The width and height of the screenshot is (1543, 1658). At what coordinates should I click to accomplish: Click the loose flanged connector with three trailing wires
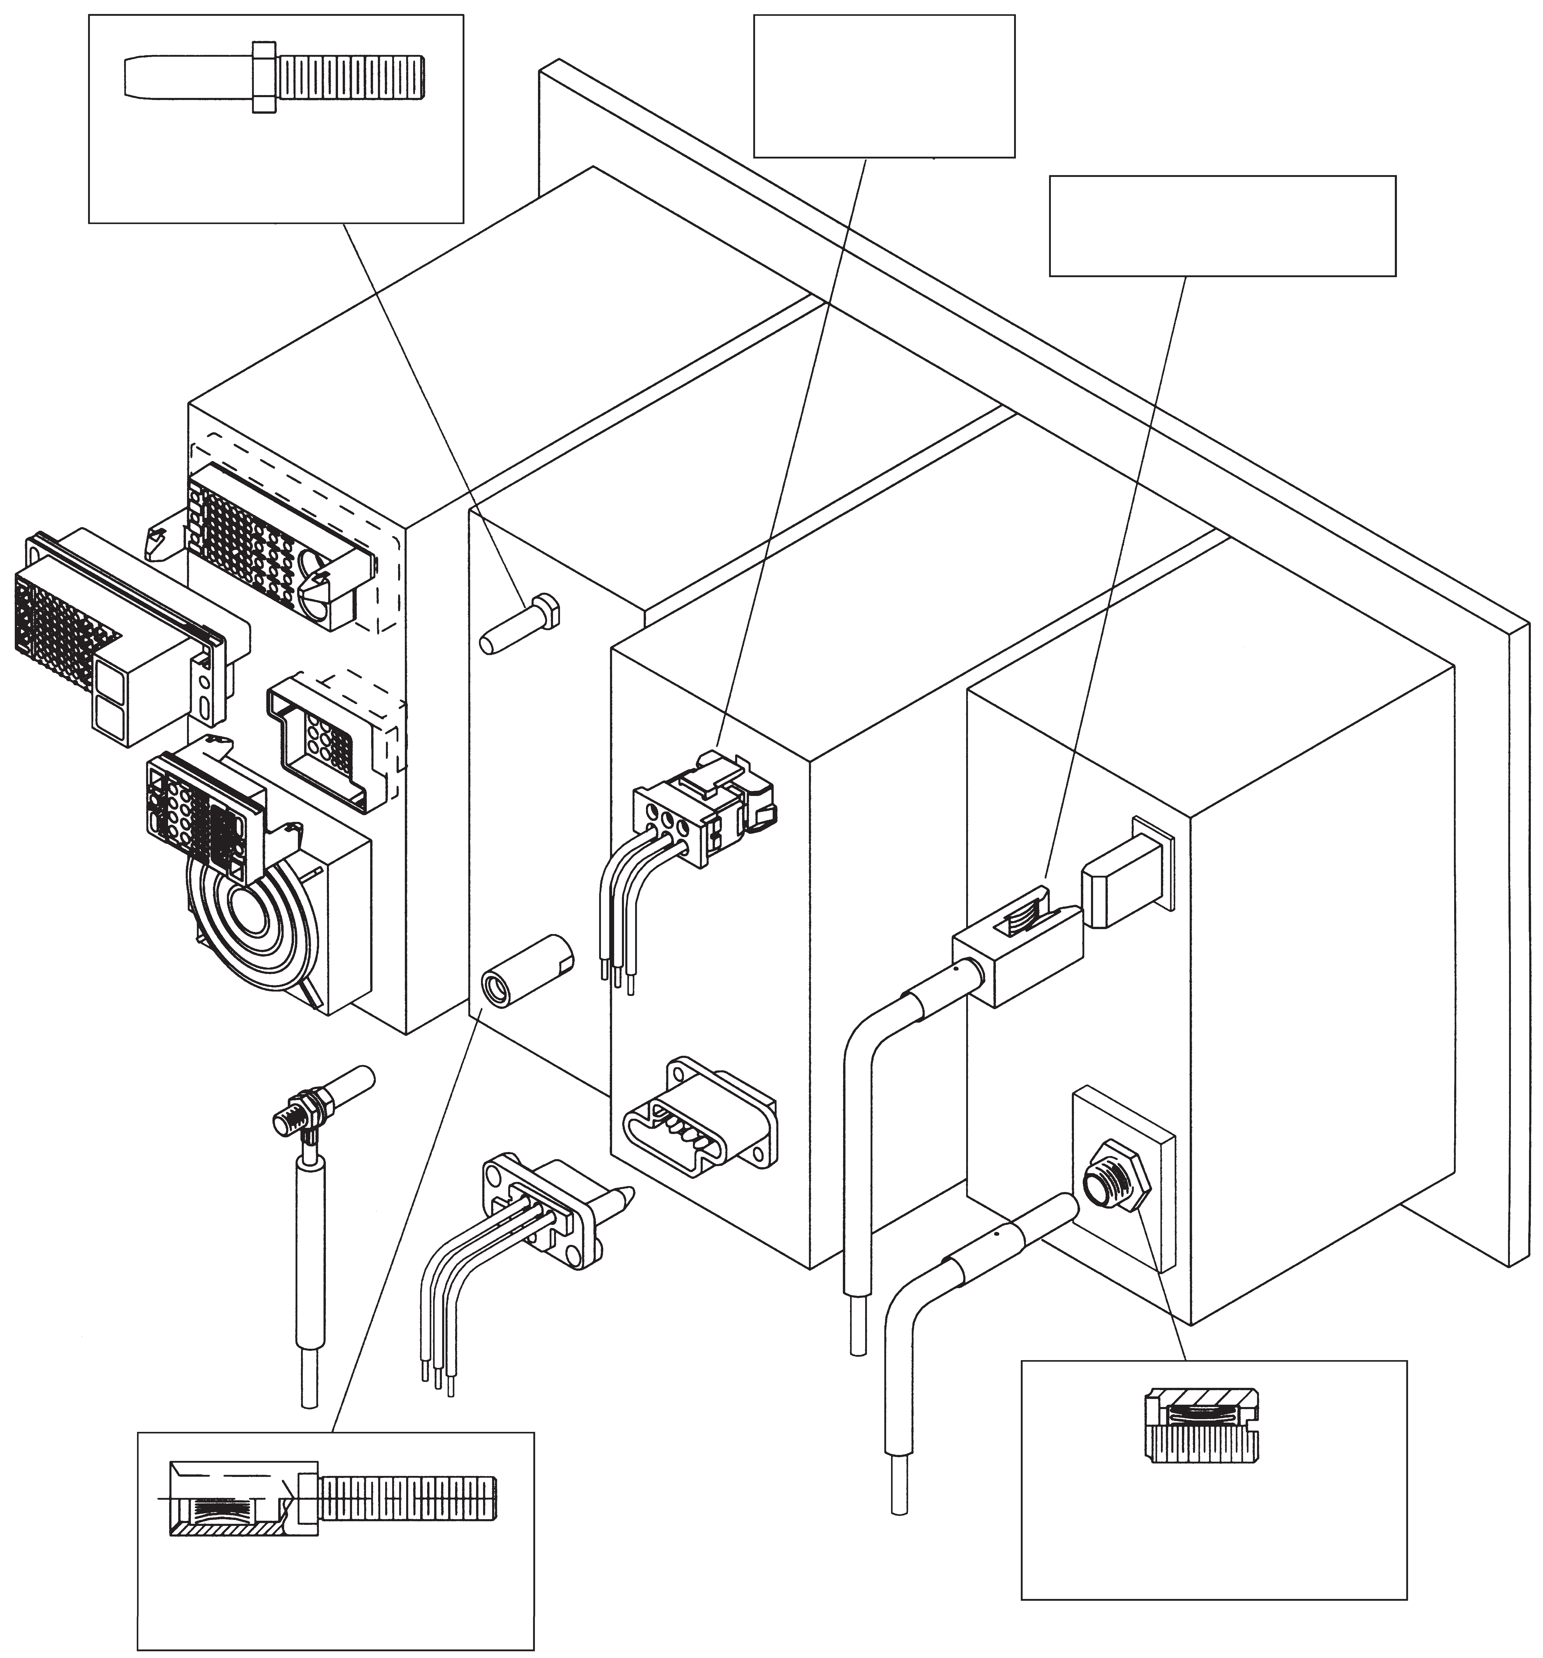(x=542, y=1209)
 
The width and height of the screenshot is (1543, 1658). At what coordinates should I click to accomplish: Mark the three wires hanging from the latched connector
(x=621, y=917)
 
